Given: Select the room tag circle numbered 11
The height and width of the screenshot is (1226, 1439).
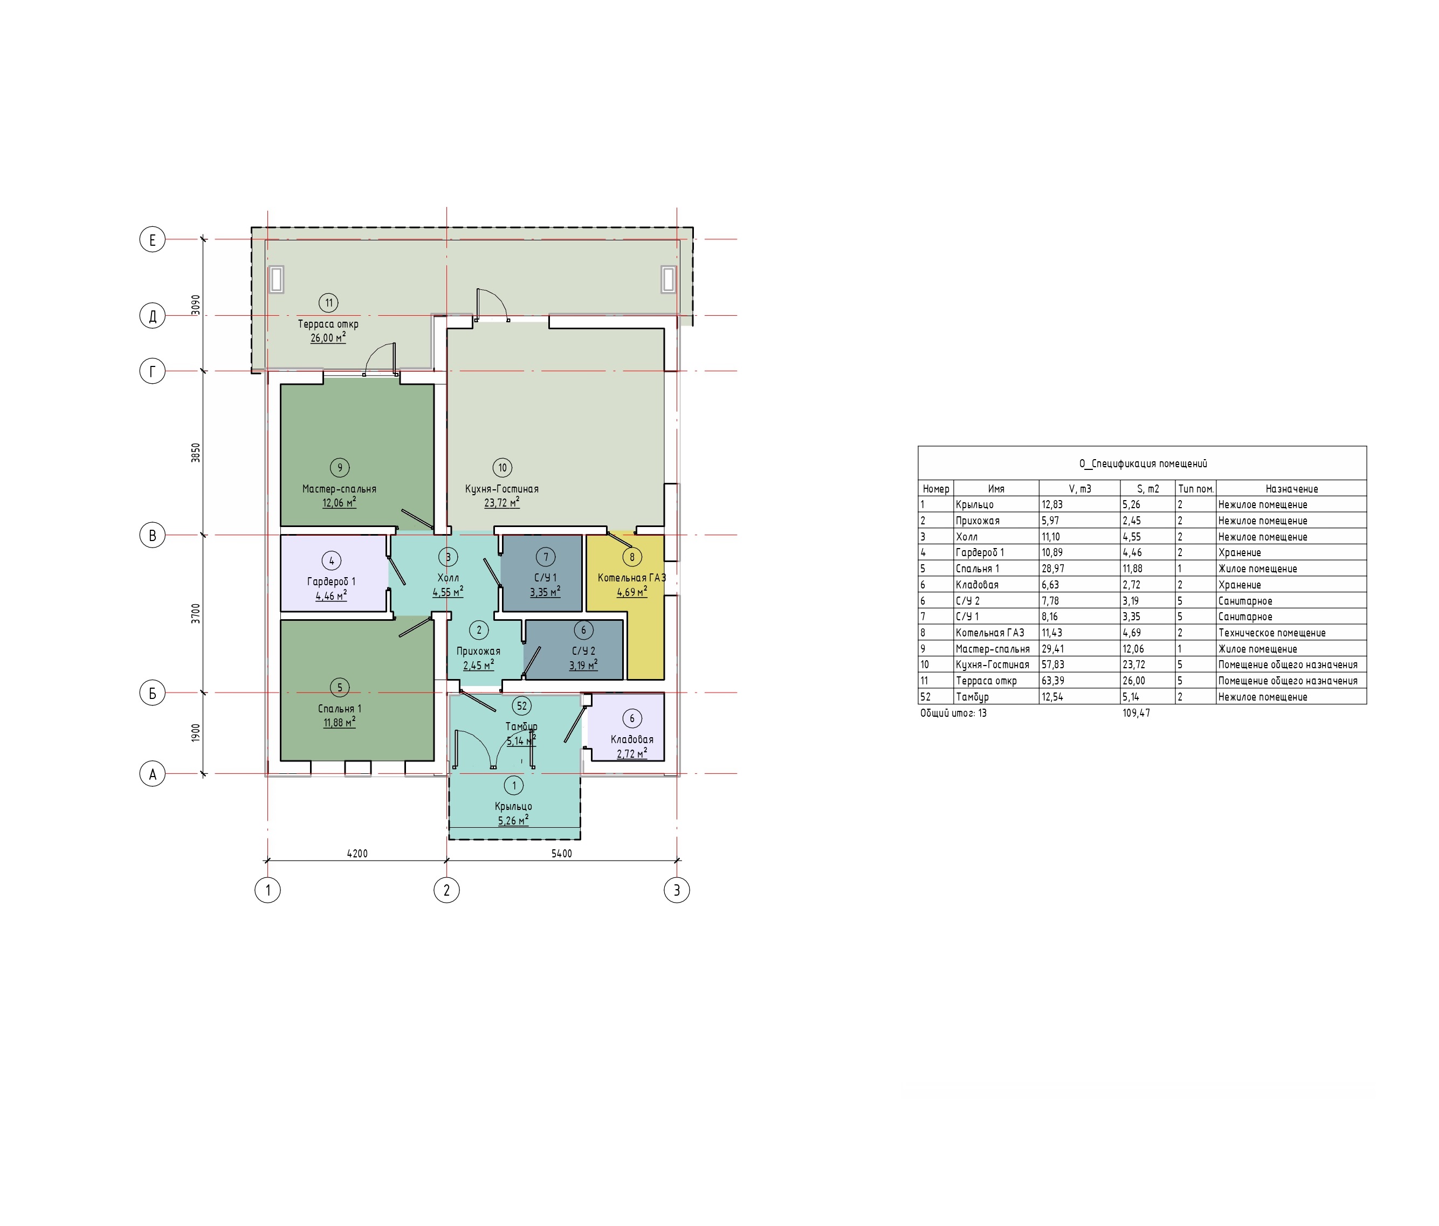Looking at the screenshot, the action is (328, 303).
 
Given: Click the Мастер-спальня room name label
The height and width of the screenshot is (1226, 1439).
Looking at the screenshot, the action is (339, 489).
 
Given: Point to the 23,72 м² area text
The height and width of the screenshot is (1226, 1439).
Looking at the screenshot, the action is (501, 502).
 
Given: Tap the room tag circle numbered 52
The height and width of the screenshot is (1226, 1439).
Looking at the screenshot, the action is (521, 706).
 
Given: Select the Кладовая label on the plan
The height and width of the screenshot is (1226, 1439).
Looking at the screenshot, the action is (632, 739).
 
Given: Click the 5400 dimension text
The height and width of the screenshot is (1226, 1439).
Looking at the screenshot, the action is (562, 853).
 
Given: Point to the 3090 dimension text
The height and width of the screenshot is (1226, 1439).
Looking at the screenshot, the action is (196, 305).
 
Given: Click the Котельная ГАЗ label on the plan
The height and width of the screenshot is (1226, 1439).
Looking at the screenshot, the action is (631, 578).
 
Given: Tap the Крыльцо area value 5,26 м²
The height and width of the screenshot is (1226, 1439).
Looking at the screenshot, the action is (513, 820).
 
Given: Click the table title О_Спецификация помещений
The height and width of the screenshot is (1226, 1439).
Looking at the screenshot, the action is (1142, 464).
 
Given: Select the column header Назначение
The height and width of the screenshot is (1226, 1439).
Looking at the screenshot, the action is (1291, 489).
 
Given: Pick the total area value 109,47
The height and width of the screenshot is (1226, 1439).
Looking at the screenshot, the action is (1136, 713).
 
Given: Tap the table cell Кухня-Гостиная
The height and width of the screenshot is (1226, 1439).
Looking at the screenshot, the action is (993, 664).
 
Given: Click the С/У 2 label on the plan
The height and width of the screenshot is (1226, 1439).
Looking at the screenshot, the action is (583, 651).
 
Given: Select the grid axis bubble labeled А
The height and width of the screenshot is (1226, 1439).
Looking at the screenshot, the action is (153, 773).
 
